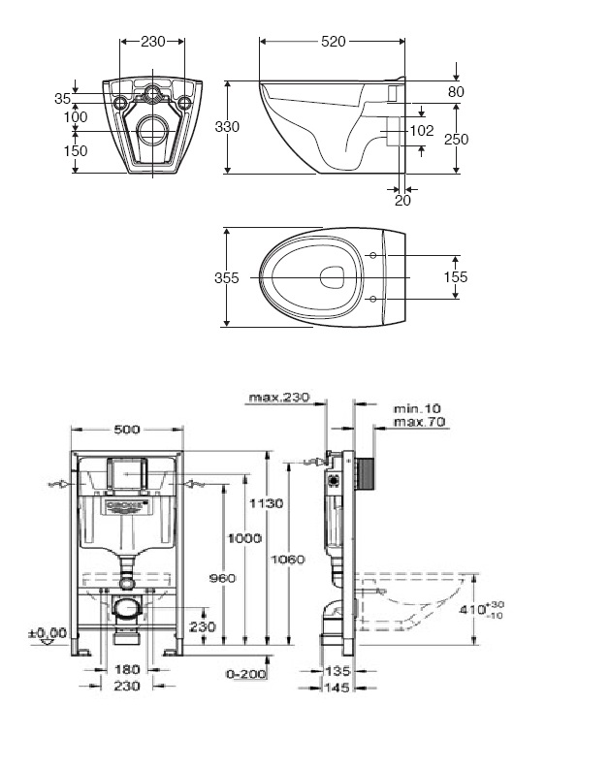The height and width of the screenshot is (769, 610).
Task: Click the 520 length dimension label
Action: [x=333, y=41]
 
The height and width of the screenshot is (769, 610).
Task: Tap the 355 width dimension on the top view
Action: [x=226, y=277]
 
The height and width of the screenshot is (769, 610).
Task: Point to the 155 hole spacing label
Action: [x=455, y=277]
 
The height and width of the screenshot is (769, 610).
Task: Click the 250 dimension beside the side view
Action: [x=456, y=140]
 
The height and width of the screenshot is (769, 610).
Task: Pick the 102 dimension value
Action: [x=421, y=130]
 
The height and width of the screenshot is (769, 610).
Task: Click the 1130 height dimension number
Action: [x=265, y=503]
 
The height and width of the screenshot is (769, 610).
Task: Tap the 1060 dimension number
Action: [x=288, y=560]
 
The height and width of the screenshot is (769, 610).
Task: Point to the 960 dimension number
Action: [x=221, y=579]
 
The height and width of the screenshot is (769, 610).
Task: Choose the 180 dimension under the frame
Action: [x=127, y=669]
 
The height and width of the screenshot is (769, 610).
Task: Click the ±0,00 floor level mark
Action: [x=48, y=633]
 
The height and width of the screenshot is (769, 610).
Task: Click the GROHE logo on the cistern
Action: [x=127, y=506]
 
